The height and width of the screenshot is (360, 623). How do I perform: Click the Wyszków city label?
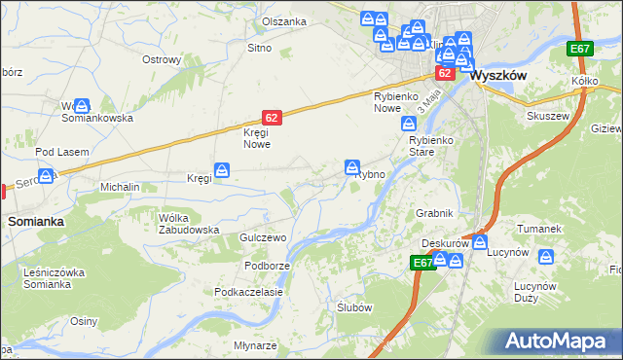pos(499,74)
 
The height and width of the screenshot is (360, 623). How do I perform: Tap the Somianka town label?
pos(36,222)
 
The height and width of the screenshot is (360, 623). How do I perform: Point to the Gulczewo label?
pos(261,238)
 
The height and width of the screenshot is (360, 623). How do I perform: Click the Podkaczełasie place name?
pos(249,292)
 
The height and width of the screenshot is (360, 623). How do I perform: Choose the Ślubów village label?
pos(354,306)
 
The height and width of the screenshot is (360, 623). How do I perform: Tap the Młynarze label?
pos(255,345)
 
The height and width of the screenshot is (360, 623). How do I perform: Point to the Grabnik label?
pos(435,212)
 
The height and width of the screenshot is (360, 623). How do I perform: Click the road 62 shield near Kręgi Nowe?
pos(272,118)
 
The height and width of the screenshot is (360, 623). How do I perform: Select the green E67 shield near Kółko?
pos(581,49)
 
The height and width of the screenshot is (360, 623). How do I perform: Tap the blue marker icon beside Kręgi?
pos(224,171)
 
